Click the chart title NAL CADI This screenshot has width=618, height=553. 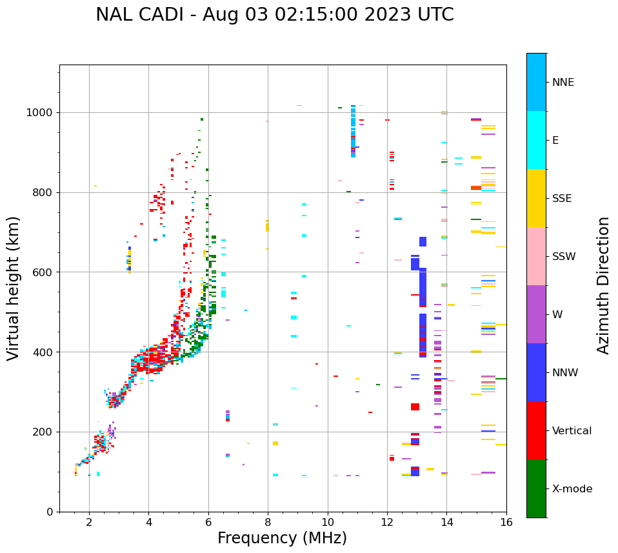point(274,15)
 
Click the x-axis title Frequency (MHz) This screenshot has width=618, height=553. point(282,538)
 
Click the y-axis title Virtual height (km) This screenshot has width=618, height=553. point(14,288)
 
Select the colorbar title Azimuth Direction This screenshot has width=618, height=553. point(603,285)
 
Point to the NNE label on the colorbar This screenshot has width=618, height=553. point(563,83)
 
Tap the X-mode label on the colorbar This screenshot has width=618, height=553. point(572,489)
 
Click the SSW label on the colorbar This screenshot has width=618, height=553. point(564,257)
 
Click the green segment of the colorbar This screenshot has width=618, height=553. point(536,488)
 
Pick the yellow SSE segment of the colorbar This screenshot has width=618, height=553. point(536,198)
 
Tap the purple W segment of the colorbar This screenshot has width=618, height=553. point(536,314)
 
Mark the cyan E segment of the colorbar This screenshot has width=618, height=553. point(536,140)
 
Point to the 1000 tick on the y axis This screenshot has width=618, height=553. point(43,113)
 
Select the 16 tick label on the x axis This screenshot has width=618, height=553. point(506,522)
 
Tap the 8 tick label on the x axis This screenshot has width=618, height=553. point(268,522)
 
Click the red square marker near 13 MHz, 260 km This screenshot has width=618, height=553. point(415,407)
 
